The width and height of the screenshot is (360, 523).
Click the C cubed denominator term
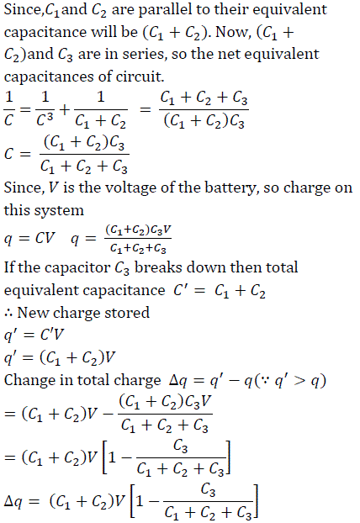pos(45,119)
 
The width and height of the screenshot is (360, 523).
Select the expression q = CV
pos(29,239)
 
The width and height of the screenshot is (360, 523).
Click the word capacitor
pos(82,268)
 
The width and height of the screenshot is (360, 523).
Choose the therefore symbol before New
pos(8,314)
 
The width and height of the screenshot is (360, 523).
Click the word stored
pos(127,313)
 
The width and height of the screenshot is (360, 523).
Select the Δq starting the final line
pos(13,502)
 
